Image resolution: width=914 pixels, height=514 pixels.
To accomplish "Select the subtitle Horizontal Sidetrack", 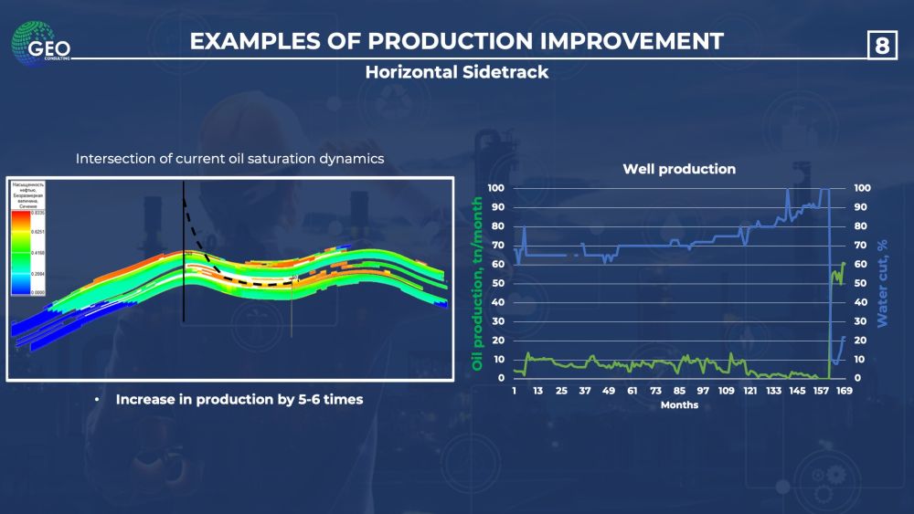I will point(457,72).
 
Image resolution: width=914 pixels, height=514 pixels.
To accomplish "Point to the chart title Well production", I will point(679,169).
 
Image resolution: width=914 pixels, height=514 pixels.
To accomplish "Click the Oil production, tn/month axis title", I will point(477,283).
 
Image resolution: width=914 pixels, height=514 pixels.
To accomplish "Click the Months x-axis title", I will point(680,405).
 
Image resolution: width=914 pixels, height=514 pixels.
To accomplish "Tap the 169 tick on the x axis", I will point(845,391).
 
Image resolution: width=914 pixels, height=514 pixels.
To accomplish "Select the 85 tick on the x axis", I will point(680,391).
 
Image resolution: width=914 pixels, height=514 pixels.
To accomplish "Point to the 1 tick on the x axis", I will point(515,391).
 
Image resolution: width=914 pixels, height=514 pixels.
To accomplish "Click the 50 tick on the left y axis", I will point(496,283).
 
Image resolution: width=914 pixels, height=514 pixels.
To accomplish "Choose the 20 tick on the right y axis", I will point(861,340).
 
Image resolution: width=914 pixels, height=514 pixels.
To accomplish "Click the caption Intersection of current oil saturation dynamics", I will point(229,159).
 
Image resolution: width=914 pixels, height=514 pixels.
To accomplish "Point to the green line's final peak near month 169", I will point(843,263).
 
